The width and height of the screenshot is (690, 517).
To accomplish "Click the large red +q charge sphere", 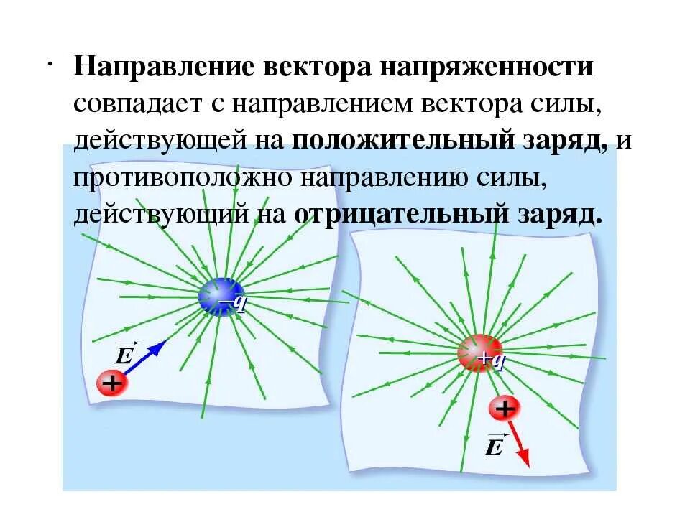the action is point(478,353).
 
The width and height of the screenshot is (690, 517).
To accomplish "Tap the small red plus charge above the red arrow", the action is point(505,409).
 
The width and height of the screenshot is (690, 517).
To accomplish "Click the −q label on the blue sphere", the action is point(236,303).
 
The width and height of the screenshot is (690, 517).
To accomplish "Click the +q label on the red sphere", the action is point(492,359).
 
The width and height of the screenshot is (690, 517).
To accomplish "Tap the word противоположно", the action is point(183,177).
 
